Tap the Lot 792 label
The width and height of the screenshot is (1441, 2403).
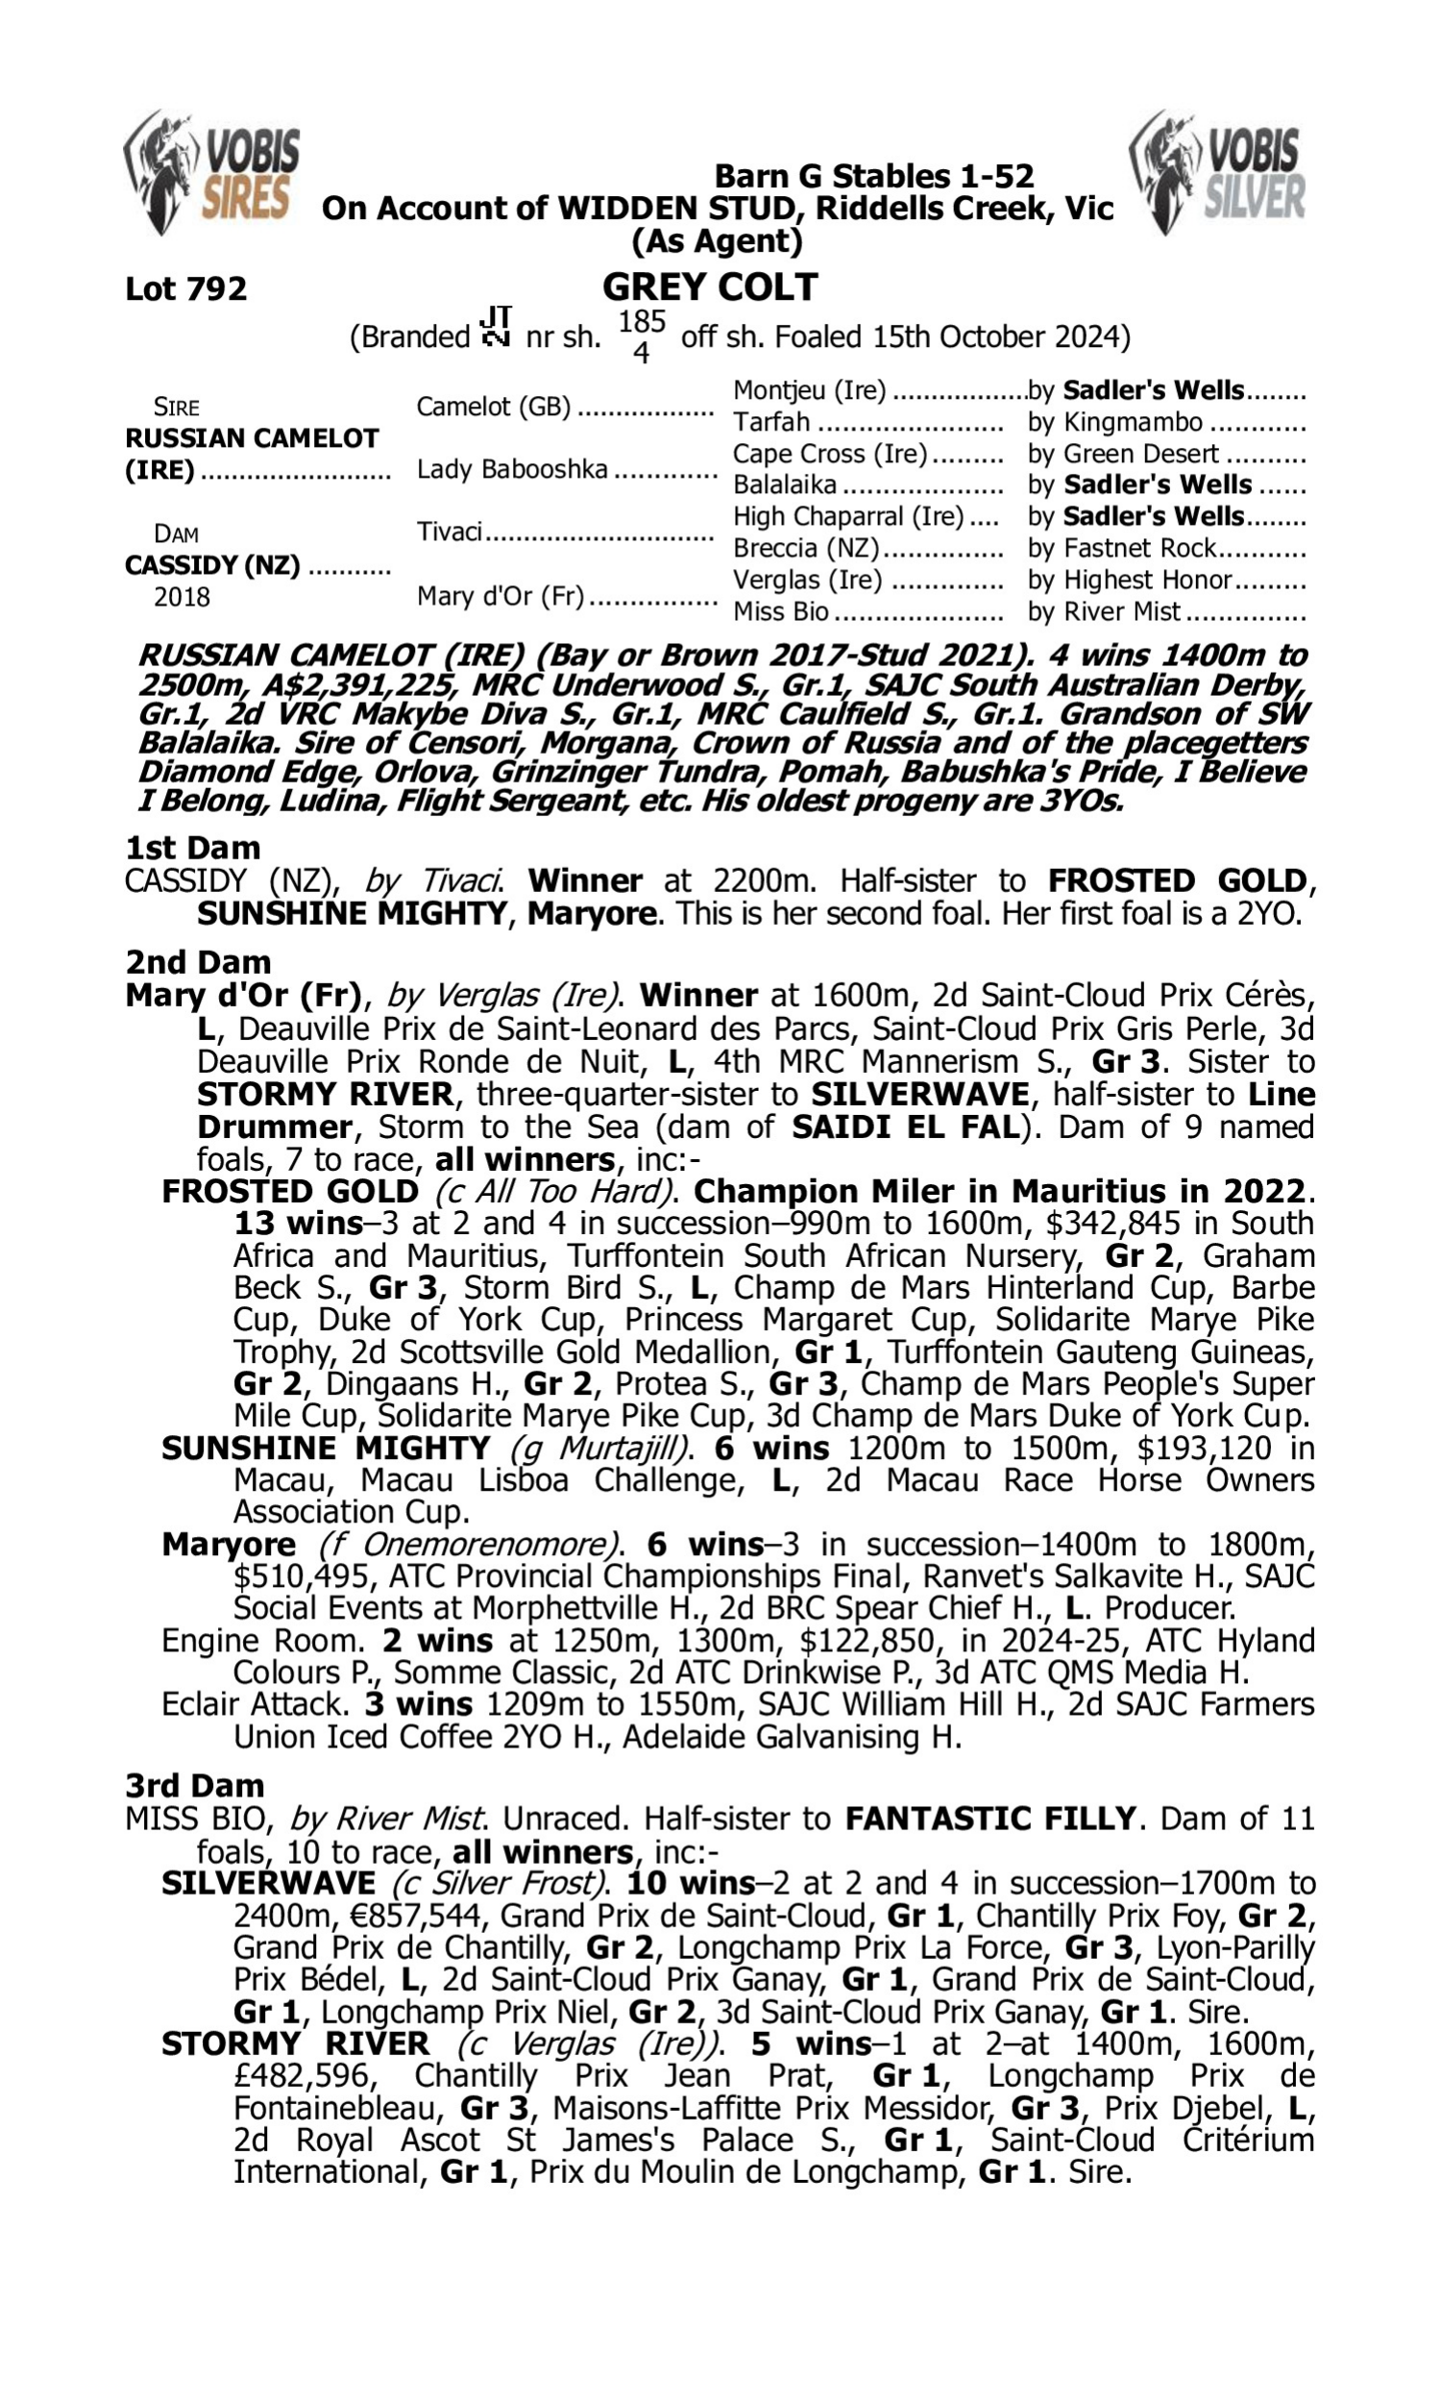tap(185, 288)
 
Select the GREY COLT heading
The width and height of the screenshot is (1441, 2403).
tap(710, 287)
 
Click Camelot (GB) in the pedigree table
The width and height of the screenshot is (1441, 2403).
tap(493, 406)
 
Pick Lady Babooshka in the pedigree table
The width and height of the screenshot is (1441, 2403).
tap(512, 469)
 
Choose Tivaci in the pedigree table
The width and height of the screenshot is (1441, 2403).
tap(450, 533)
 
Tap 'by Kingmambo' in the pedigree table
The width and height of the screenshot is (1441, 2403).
tap(1114, 422)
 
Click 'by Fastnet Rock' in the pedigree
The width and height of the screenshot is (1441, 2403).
tap(1121, 548)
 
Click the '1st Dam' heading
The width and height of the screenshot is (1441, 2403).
tap(192, 848)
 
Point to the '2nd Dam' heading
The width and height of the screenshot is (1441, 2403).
tap(197, 961)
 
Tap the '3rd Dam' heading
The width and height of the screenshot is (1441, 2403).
tap(194, 1785)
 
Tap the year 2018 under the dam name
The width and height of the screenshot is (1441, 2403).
tap(182, 596)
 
